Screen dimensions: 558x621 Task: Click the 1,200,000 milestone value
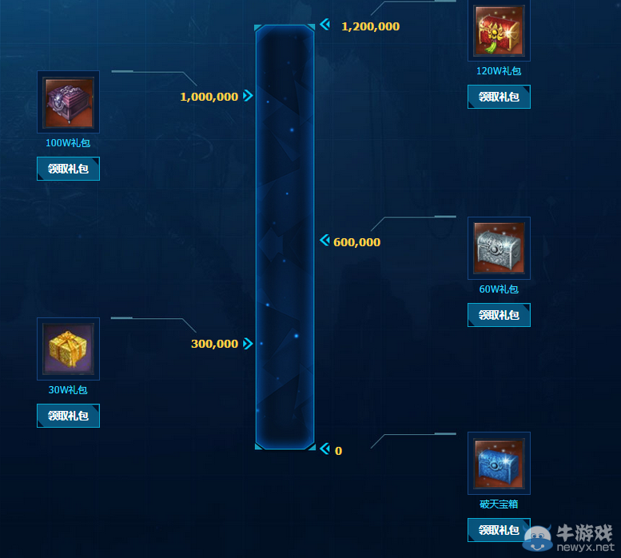pyautogui.click(x=370, y=26)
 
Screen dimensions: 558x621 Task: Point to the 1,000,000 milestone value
pyautogui.click(x=209, y=97)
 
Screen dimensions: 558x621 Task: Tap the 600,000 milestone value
pyautogui.click(x=356, y=242)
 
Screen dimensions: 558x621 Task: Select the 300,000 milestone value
pyautogui.click(x=214, y=344)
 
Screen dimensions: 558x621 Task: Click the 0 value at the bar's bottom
pyautogui.click(x=338, y=451)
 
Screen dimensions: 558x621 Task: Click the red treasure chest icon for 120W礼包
pyautogui.click(x=499, y=30)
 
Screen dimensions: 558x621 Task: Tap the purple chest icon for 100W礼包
pyautogui.click(x=68, y=102)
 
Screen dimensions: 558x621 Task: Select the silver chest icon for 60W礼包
pyautogui.click(x=499, y=248)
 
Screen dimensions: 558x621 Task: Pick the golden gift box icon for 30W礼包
pyautogui.click(x=68, y=349)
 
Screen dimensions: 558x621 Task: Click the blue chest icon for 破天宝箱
pyautogui.click(x=499, y=463)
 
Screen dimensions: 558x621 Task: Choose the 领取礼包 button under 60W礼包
pyautogui.click(x=499, y=315)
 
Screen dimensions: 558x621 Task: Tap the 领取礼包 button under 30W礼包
pyautogui.click(x=68, y=416)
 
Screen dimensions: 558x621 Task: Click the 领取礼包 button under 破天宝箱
pyautogui.click(x=499, y=530)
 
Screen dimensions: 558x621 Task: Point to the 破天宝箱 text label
pyautogui.click(x=499, y=504)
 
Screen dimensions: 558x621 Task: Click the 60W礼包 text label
pyautogui.click(x=499, y=289)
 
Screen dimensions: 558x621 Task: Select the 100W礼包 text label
pyautogui.click(x=68, y=144)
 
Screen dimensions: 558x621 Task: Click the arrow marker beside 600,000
pyautogui.click(x=324, y=241)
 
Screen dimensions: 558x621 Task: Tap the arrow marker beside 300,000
pyautogui.click(x=248, y=344)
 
